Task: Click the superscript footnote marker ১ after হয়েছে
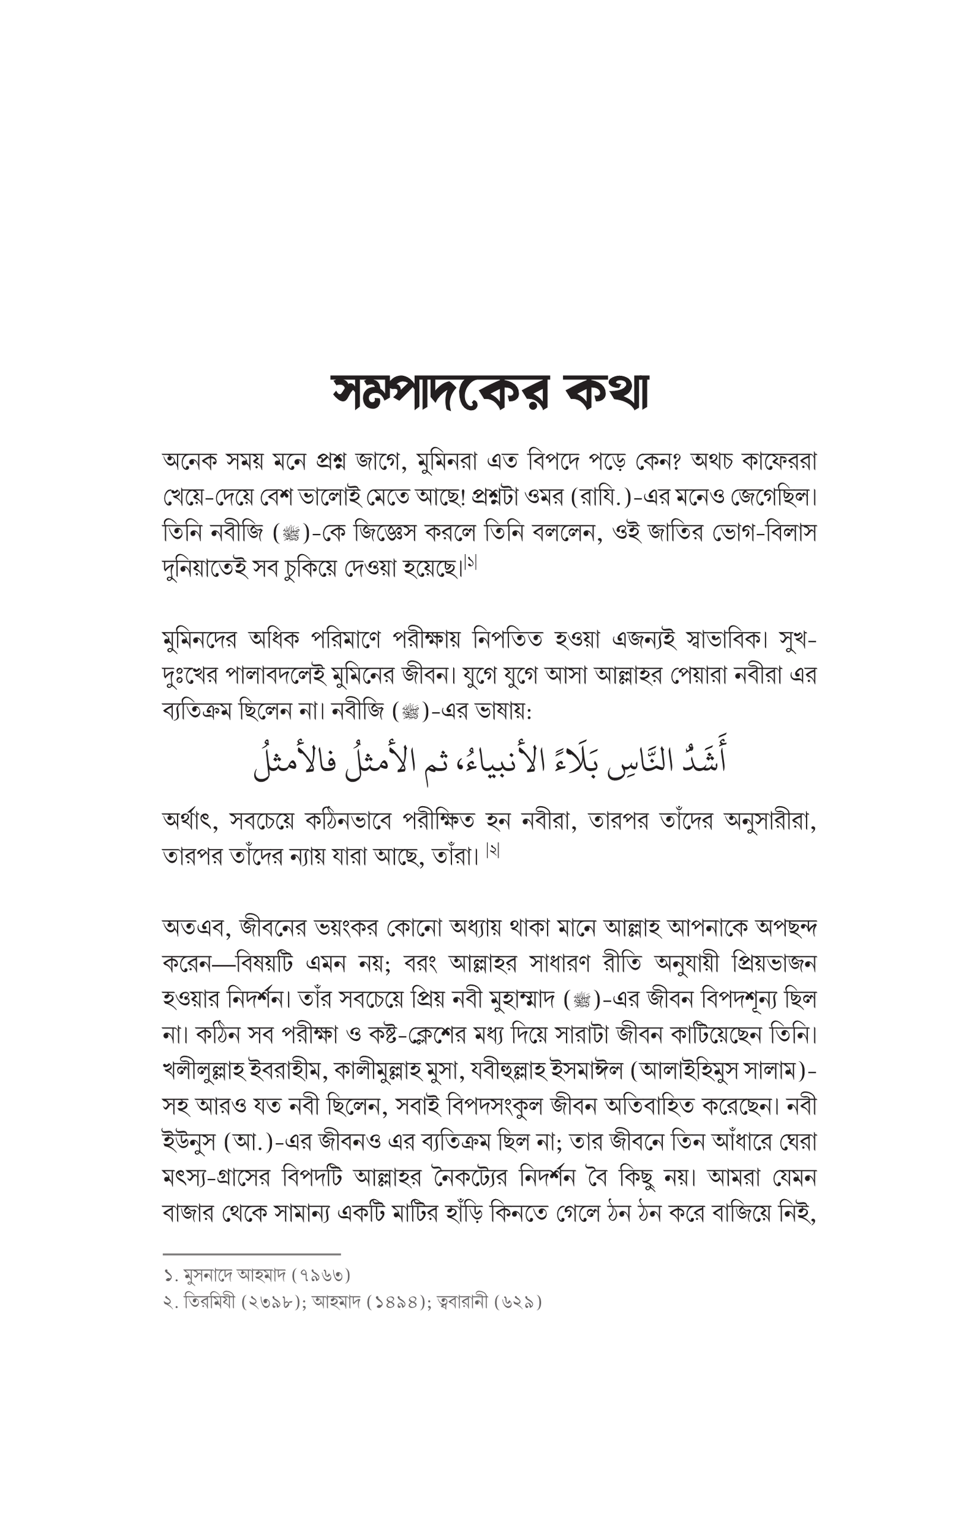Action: tap(471, 563)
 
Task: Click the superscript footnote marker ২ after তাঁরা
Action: tap(492, 851)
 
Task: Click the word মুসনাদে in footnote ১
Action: tap(208, 1275)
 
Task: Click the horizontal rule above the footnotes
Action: tap(251, 1254)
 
